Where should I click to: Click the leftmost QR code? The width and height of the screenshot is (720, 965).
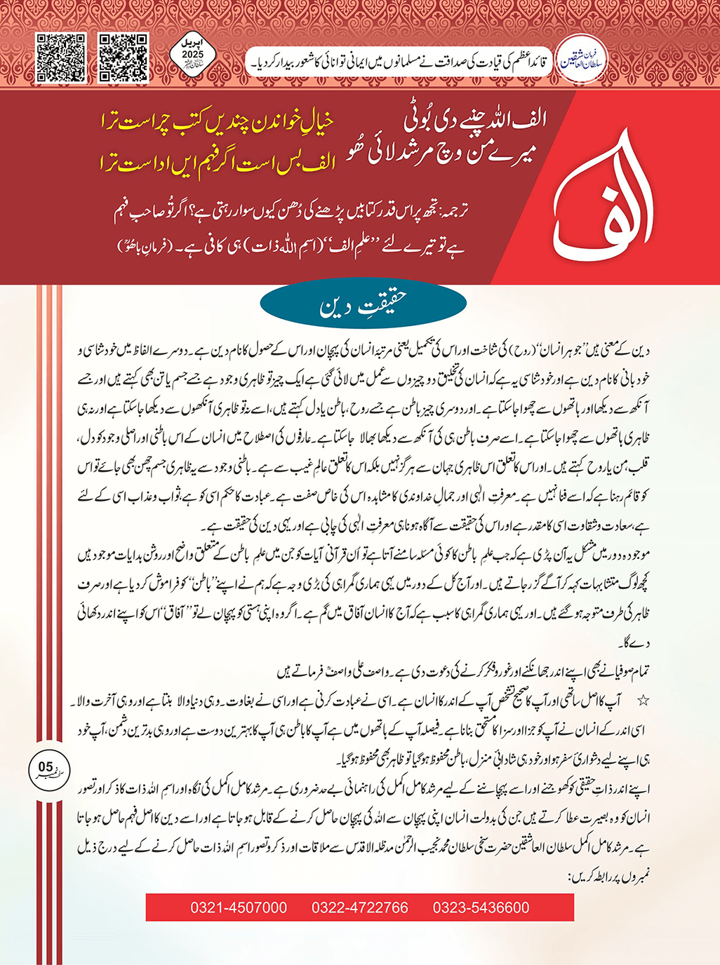61,58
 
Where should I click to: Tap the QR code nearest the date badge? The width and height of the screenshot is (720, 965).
123,58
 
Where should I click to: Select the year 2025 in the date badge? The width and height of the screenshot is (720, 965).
192,54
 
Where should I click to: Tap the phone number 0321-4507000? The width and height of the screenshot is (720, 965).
239,907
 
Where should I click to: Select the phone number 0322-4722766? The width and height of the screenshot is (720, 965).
360,907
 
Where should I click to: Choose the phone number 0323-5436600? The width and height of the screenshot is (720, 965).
481,907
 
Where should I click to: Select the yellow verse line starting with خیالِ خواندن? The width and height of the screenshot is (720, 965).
218,124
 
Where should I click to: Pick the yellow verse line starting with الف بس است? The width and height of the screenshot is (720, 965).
218,164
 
